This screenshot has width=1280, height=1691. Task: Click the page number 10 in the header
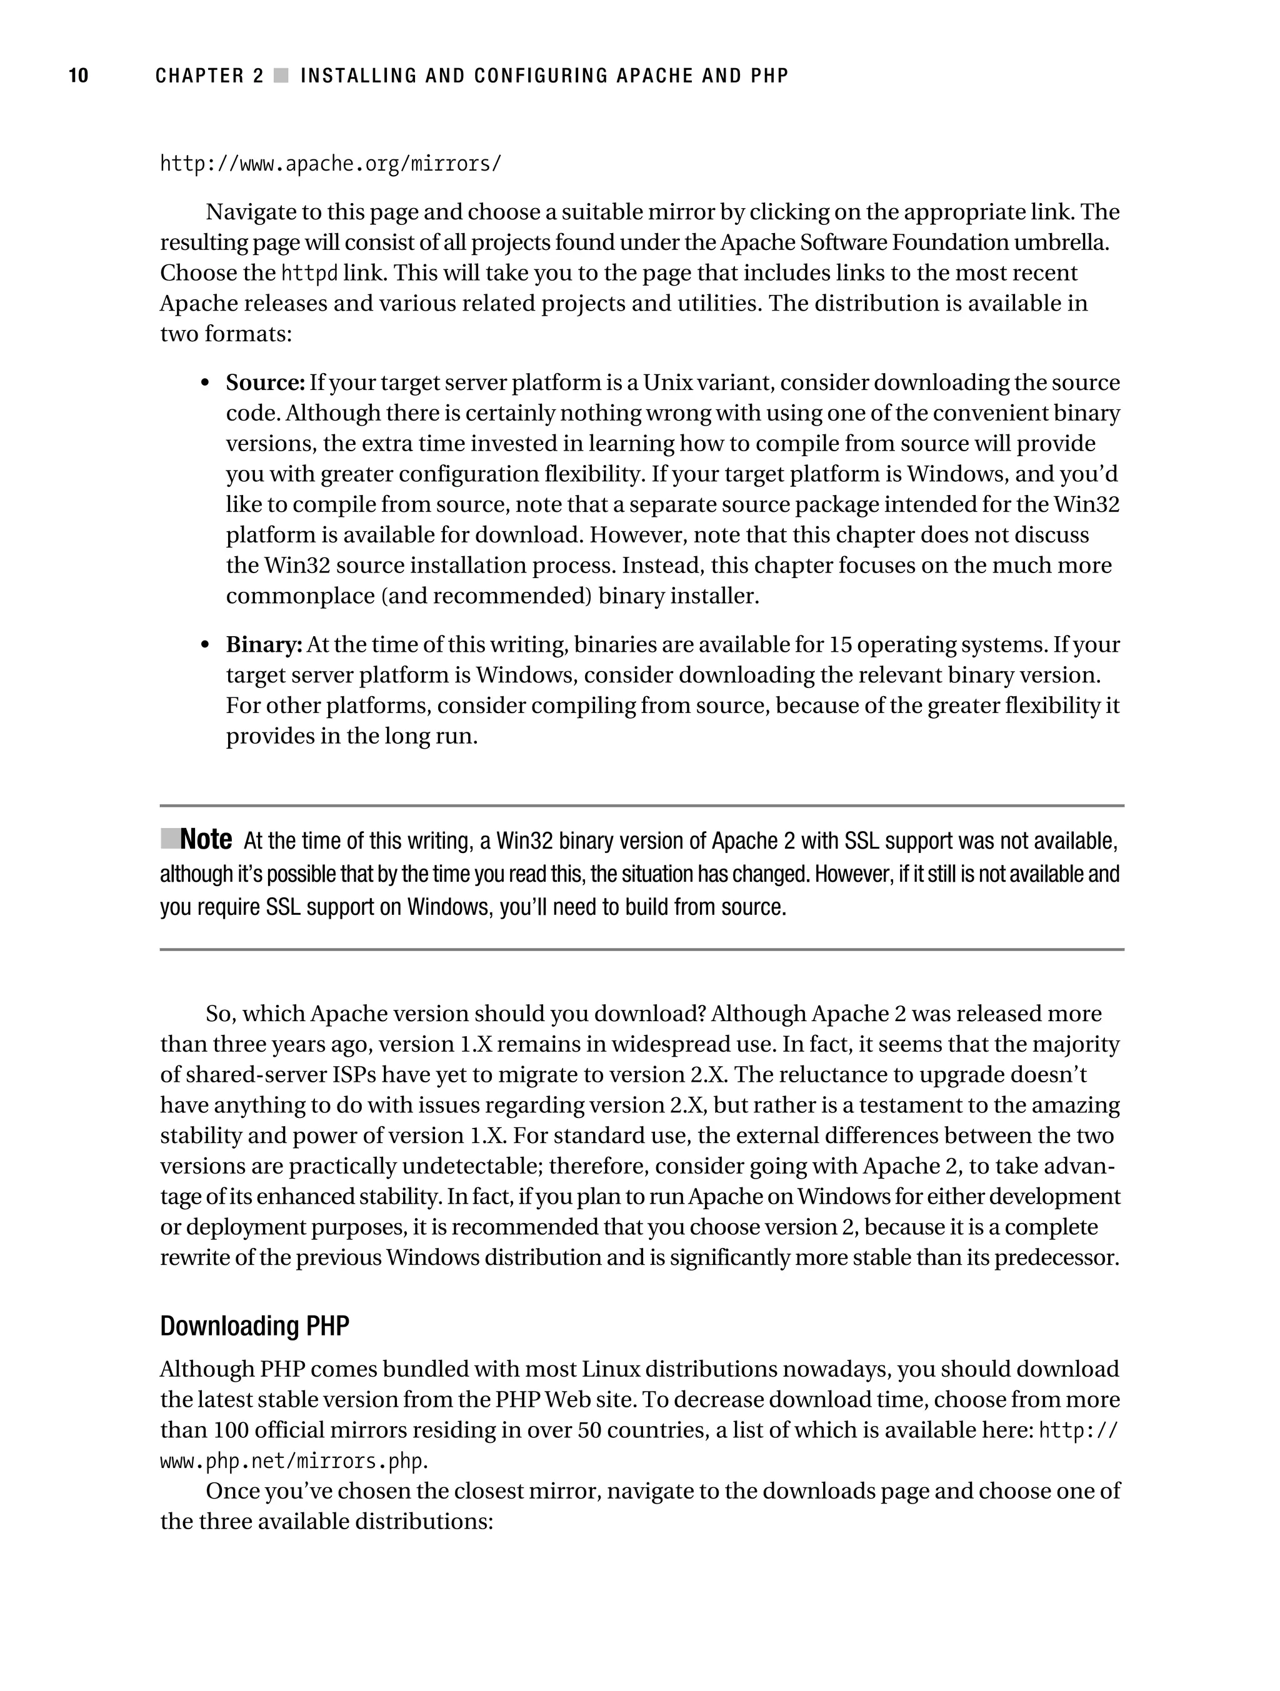tap(79, 76)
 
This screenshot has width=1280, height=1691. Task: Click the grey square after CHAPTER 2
tap(281, 76)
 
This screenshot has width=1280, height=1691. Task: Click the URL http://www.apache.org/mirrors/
tap(331, 164)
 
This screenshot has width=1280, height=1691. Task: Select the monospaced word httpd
tap(309, 273)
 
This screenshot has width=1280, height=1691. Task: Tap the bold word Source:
tap(266, 382)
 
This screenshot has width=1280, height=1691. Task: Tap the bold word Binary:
tap(264, 644)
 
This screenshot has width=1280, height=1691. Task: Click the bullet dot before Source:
tap(205, 383)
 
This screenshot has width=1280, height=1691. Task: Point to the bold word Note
tap(206, 839)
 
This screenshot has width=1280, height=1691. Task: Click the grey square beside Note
tap(170, 839)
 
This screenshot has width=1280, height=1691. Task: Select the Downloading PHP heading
tap(254, 1325)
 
